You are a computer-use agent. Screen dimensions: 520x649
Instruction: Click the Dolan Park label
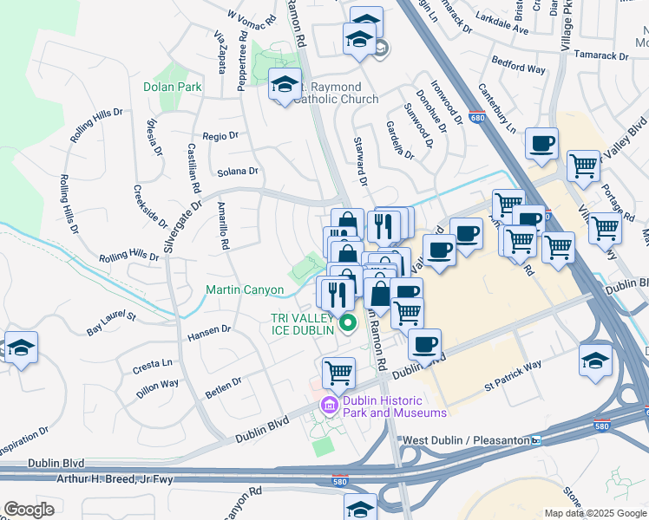[173, 87]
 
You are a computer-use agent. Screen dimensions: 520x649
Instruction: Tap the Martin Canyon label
[244, 289]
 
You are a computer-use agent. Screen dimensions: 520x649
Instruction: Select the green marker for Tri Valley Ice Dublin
[349, 324]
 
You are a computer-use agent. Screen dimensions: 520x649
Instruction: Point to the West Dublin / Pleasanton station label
[464, 441]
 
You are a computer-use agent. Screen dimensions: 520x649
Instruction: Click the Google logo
[29, 509]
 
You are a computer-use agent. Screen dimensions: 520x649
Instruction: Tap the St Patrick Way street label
[513, 374]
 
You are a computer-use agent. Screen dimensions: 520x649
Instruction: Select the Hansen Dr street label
[209, 329]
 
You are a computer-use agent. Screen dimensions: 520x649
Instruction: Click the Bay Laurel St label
[111, 324]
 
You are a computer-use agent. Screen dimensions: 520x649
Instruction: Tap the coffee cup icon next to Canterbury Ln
[541, 143]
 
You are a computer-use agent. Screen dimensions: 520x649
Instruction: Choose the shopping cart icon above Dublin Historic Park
[338, 373]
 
